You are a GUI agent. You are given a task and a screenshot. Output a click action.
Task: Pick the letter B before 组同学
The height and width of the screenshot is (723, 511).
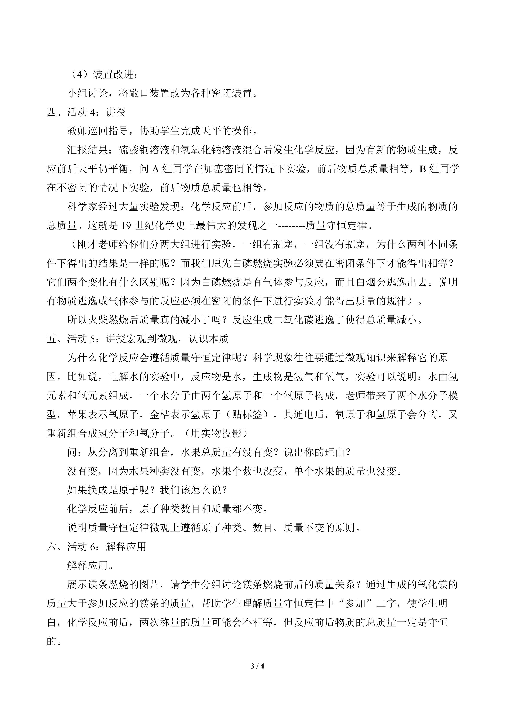click(423, 169)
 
